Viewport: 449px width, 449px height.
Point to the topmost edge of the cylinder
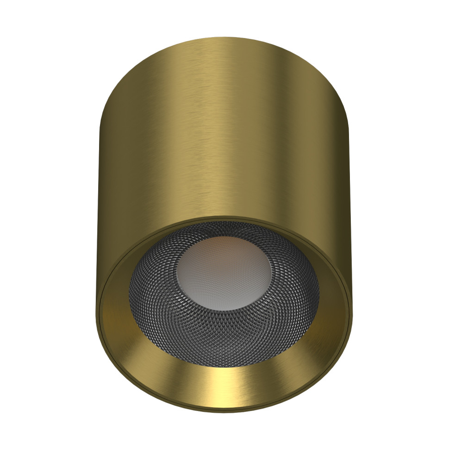(224, 37)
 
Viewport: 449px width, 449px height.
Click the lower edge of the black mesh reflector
(224, 366)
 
